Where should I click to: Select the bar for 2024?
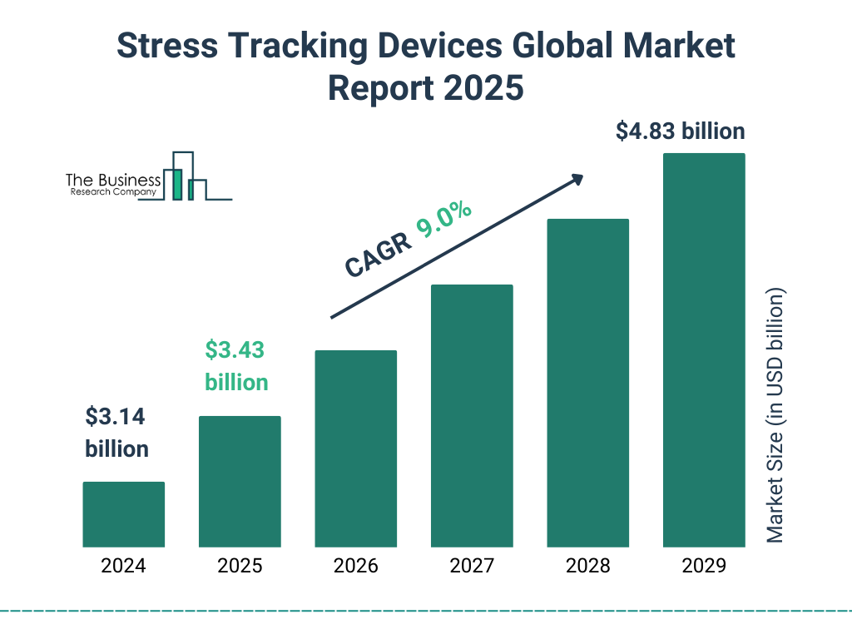point(123,514)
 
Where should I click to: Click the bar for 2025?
point(240,482)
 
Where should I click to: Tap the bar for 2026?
point(355,448)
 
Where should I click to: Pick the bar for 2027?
point(472,416)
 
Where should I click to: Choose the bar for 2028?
point(587,383)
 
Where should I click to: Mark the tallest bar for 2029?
point(704,350)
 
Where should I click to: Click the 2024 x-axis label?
point(123,567)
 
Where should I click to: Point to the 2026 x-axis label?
point(355,567)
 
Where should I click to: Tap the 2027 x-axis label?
point(472,567)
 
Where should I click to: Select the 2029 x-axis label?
point(704,567)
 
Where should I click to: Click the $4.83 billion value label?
point(680,131)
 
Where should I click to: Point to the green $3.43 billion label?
point(236,366)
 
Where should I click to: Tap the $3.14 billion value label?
point(116,432)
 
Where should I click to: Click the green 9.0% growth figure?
point(444,220)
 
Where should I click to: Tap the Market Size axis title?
point(775,416)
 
